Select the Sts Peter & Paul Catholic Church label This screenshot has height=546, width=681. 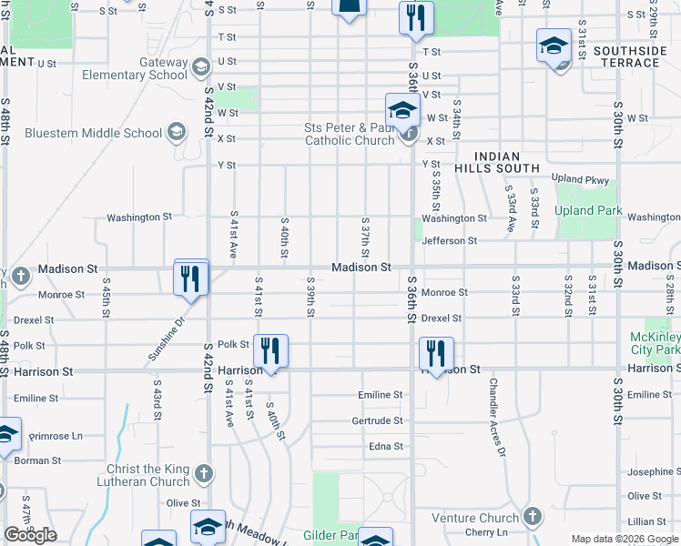[x=349, y=134]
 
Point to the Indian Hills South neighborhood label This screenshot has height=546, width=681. [x=507, y=163]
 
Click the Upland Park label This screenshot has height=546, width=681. [x=589, y=211]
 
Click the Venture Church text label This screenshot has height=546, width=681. [x=473, y=518]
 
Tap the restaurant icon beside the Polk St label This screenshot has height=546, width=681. [x=270, y=352]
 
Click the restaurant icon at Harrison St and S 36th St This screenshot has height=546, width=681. [x=437, y=355]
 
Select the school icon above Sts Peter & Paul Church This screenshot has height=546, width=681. [x=401, y=111]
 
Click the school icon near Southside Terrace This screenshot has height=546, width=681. [x=554, y=47]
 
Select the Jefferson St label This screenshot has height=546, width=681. [x=449, y=241]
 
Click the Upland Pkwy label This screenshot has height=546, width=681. [x=579, y=180]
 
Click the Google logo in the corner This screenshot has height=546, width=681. [x=30, y=535]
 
